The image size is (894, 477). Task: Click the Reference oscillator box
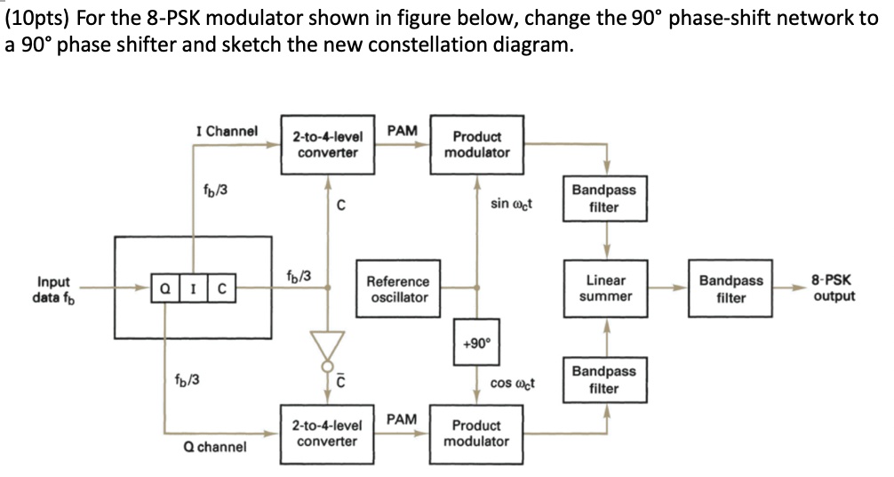pyautogui.click(x=397, y=288)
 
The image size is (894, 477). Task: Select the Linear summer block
pyautogui.click(x=605, y=288)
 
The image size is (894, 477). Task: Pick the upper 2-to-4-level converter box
pyautogui.click(x=327, y=144)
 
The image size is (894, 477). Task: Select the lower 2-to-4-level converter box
pyautogui.click(x=327, y=433)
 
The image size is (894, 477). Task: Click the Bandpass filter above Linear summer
pyautogui.click(x=605, y=198)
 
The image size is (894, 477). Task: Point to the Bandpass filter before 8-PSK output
pyautogui.click(x=730, y=288)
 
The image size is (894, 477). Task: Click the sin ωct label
pyautogui.click(x=511, y=204)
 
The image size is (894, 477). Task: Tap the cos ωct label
pyautogui.click(x=512, y=384)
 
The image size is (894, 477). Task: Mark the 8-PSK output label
pyautogui.click(x=834, y=288)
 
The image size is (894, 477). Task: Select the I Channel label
pyautogui.click(x=227, y=131)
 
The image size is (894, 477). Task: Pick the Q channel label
pyautogui.click(x=213, y=446)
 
